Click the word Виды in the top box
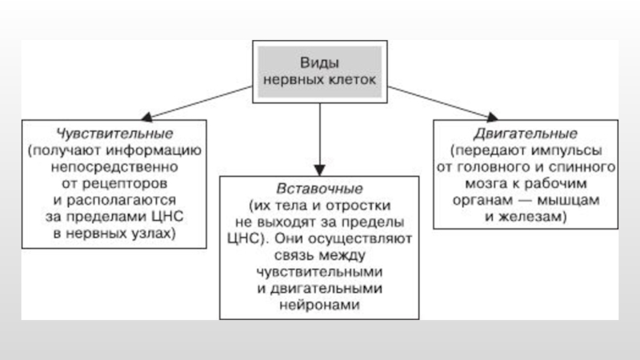tap(319, 63)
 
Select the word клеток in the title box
tap(350, 79)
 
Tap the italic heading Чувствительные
tap(114, 134)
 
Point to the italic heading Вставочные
tap(319, 189)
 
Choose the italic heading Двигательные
tap(526, 134)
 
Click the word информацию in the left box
tap(154, 150)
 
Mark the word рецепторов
tap(125, 184)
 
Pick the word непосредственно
tap(114, 167)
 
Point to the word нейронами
tap(319, 305)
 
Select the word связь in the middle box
tap(294, 255)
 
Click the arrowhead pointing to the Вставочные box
tap(319, 170)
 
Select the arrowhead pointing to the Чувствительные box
tap(146, 117)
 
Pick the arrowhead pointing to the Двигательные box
tap(492, 117)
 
